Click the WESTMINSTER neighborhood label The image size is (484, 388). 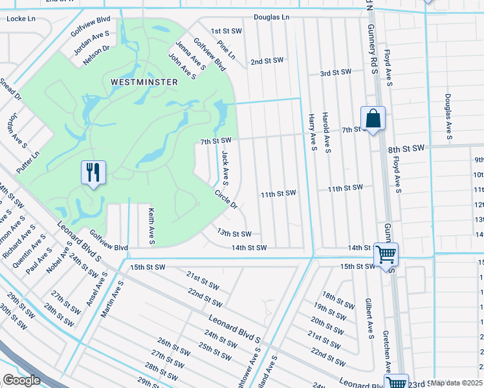pyautogui.click(x=135, y=82)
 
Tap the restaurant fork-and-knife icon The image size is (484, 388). pyautogui.click(x=94, y=173)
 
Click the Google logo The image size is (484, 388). pyautogui.click(x=21, y=380)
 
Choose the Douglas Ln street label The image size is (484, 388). pyautogui.click(x=271, y=17)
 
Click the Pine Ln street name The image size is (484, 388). pyautogui.click(x=226, y=51)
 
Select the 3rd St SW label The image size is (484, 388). pyautogui.click(x=335, y=72)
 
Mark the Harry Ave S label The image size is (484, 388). pyautogui.click(x=312, y=132)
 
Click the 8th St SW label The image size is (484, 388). pyautogui.click(x=406, y=148)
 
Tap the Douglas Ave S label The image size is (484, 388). pyautogui.click(x=448, y=117)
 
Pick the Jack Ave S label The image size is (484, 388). pyautogui.click(x=225, y=167)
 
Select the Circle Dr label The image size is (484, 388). pyautogui.click(x=226, y=198)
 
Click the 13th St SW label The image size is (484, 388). pyautogui.click(x=234, y=233)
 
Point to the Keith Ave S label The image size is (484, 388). pyautogui.click(x=151, y=226)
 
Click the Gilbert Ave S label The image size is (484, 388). pyautogui.click(x=368, y=318)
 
